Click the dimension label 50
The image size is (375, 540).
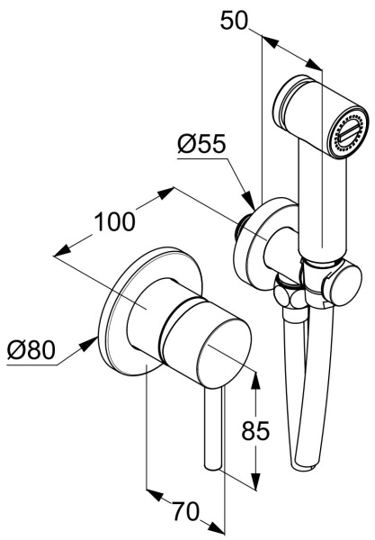[x=234, y=21]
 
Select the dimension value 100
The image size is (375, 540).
[x=114, y=221]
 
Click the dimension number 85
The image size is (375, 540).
[x=255, y=430]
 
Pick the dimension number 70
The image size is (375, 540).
[x=186, y=511]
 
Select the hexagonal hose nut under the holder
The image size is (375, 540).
[x=290, y=293]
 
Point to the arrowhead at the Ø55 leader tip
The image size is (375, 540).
[x=248, y=201]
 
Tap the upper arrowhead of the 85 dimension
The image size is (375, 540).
[x=254, y=380]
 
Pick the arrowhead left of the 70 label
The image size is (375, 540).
[x=155, y=495]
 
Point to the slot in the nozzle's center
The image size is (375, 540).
[x=350, y=134]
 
